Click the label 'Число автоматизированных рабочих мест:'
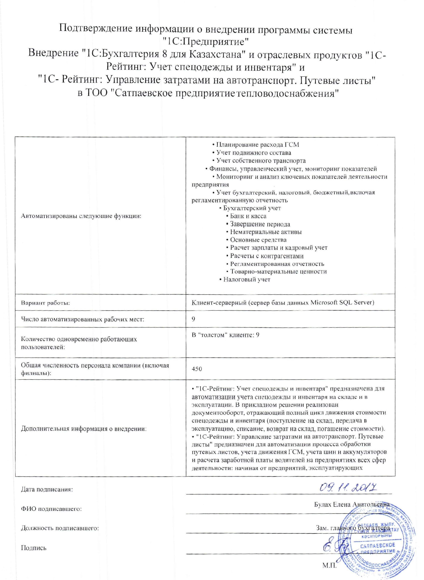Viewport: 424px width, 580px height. click(x=82, y=319)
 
